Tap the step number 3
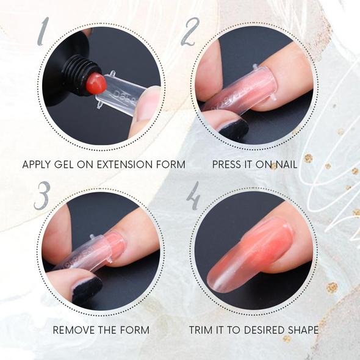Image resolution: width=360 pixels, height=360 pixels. pyautogui.click(x=41, y=196)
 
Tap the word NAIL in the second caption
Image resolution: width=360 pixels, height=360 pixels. pyautogui.click(x=285, y=165)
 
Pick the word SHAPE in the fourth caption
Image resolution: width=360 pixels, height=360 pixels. pyautogui.click(x=301, y=330)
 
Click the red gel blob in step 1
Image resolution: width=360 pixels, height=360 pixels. pyautogui.click(x=96, y=84)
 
